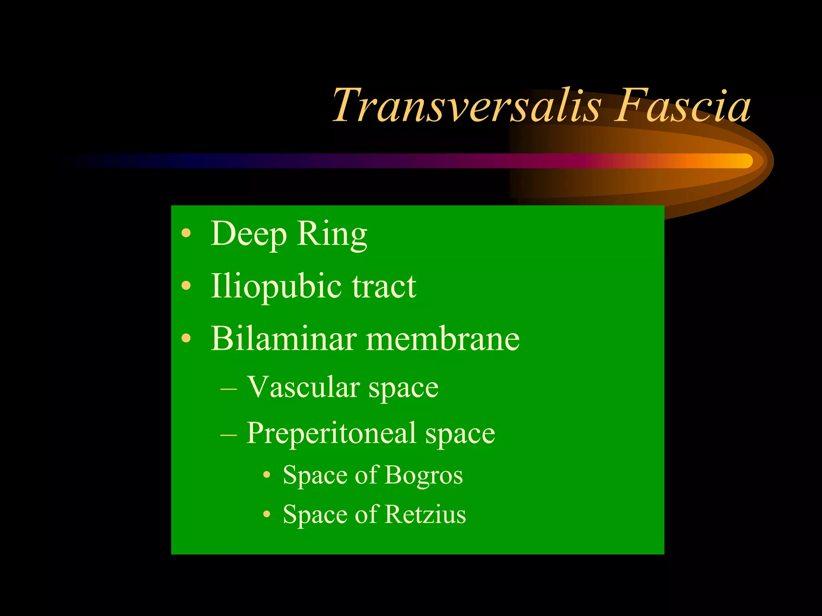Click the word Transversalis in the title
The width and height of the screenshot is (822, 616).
[x=466, y=106]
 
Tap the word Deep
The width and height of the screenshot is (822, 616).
[x=249, y=234]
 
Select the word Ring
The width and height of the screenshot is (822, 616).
[x=332, y=234]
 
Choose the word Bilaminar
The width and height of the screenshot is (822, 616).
[x=284, y=338]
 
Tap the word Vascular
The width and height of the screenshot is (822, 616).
[x=303, y=387]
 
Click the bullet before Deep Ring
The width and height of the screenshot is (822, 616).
[x=186, y=233]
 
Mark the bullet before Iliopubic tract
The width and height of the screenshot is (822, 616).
[x=186, y=286]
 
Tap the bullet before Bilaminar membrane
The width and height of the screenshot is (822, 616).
[x=186, y=338]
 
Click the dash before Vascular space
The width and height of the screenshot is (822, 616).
[x=228, y=389]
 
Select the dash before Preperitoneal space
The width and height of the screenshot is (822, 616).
[x=228, y=434]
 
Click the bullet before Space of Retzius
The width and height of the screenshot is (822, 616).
[x=267, y=515]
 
